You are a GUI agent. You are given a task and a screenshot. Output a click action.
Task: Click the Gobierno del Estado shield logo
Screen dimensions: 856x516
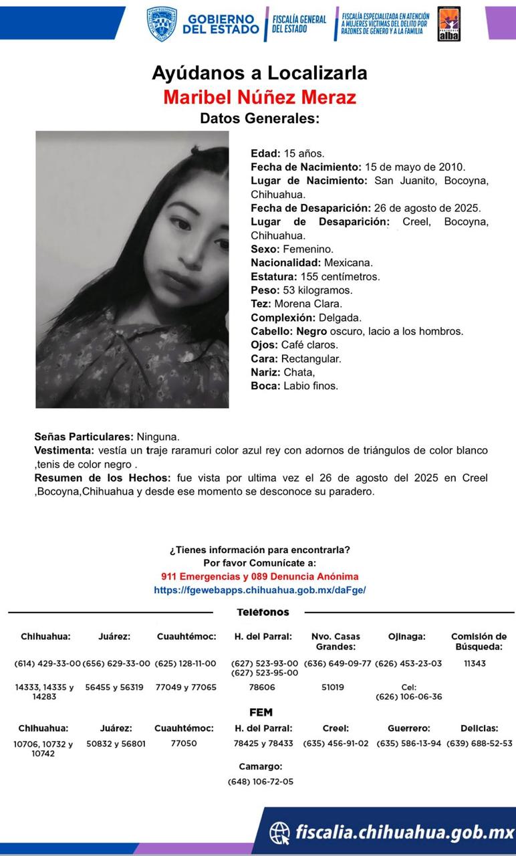tap(162, 24)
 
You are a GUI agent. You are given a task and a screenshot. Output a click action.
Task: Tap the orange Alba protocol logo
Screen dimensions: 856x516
tap(448, 24)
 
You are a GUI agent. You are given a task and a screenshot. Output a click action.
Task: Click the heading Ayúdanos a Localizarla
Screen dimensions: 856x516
tap(259, 73)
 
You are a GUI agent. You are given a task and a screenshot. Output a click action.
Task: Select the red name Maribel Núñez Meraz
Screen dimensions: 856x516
tap(259, 97)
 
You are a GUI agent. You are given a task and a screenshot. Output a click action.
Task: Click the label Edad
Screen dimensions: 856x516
tap(265, 153)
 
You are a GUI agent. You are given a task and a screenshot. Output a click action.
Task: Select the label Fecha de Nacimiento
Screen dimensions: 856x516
tap(305, 167)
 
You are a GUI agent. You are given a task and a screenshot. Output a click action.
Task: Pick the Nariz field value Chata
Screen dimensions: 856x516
tap(299, 372)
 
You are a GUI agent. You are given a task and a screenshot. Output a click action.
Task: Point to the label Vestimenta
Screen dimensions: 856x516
tap(63, 450)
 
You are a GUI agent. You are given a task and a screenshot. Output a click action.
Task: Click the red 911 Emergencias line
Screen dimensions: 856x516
tap(259, 576)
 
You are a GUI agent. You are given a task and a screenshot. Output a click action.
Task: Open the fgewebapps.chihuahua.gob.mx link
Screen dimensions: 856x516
tap(259, 591)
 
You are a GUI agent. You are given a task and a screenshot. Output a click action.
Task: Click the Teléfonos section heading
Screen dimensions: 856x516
tap(263, 612)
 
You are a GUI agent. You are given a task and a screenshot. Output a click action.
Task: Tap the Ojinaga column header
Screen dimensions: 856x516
tap(406, 637)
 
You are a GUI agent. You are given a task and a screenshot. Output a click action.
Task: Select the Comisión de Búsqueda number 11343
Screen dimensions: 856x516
tap(475, 663)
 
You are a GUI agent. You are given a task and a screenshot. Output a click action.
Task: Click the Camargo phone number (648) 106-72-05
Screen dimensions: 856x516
tap(261, 781)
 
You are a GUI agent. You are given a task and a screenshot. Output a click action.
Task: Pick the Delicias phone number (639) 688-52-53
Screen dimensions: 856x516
tap(479, 743)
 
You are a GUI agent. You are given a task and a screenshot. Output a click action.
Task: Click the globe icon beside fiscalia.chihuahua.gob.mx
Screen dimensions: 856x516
tap(279, 833)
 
